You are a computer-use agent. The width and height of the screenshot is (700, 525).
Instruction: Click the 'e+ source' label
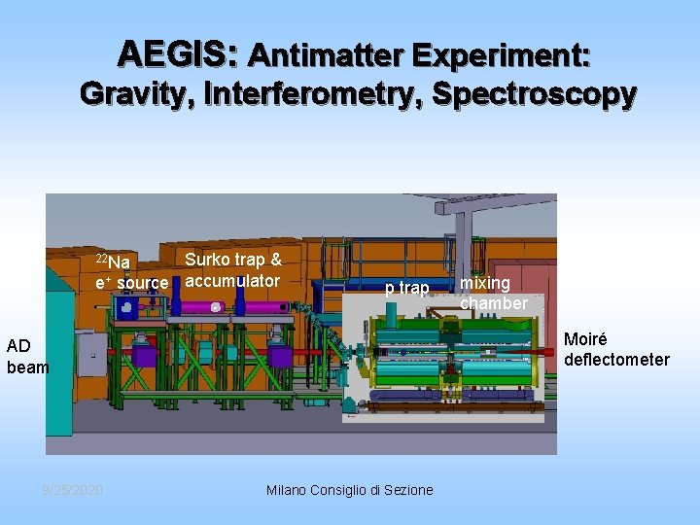click(x=131, y=283)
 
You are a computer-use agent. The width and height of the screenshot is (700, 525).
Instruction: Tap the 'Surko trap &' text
click(x=233, y=260)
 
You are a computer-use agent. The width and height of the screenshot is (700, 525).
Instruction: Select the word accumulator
click(x=232, y=281)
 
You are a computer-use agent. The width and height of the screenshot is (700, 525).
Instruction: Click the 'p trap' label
click(x=406, y=288)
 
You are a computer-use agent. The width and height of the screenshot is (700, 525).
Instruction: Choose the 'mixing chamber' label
click(x=493, y=293)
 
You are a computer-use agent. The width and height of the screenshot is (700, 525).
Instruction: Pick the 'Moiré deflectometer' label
click(x=616, y=350)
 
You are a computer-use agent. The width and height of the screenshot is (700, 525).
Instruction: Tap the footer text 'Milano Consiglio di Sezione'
click(x=350, y=490)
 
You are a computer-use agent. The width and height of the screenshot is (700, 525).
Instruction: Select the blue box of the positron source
click(x=125, y=307)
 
